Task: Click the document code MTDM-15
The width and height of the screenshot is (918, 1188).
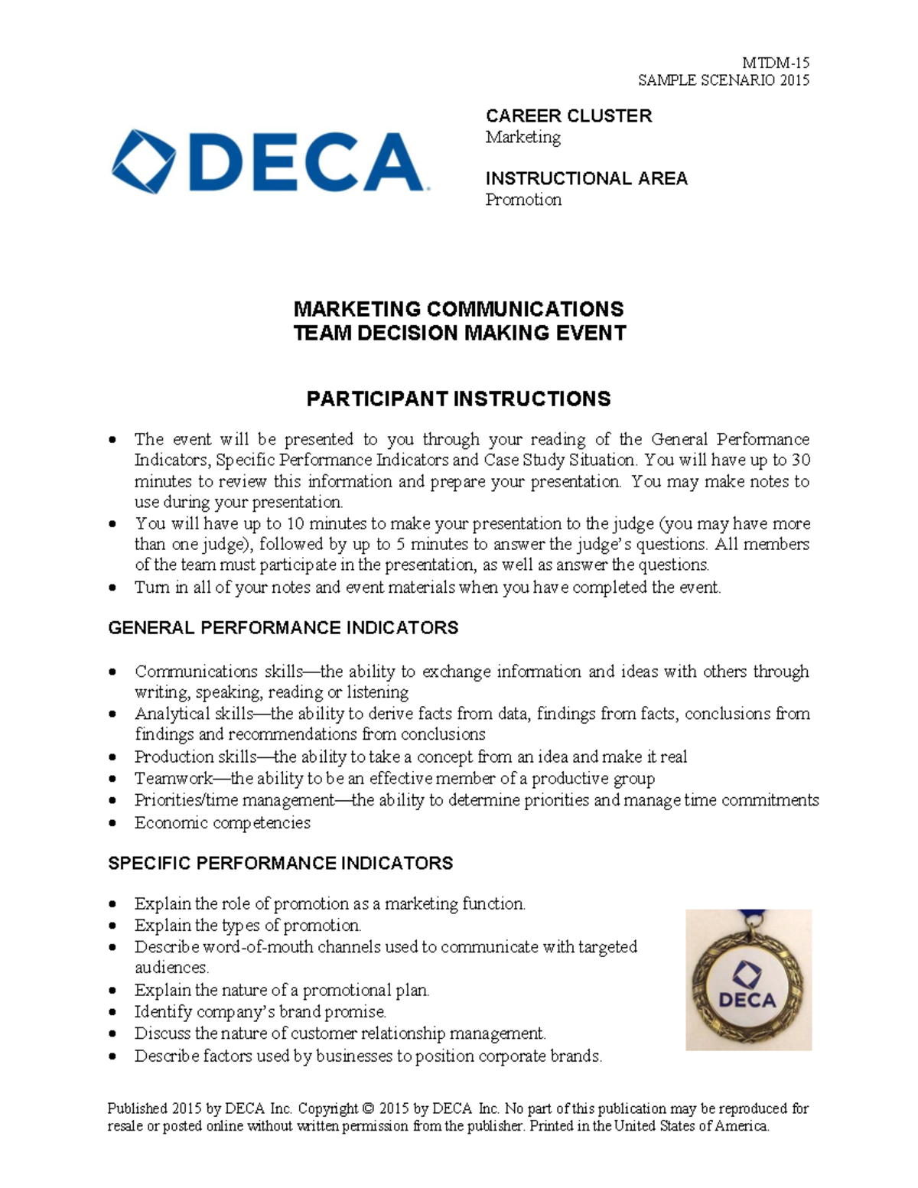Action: [776, 63]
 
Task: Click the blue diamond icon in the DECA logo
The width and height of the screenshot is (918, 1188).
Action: [143, 161]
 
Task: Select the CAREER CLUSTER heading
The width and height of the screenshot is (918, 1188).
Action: [568, 116]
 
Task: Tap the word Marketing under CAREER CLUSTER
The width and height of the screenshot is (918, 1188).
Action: [522, 137]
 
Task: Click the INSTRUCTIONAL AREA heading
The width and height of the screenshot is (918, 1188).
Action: [586, 178]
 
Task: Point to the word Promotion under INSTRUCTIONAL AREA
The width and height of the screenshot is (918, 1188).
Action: [523, 200]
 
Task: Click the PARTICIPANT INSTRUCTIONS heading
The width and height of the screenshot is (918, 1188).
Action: [458, 399]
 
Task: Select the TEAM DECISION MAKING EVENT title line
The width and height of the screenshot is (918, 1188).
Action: [460, 333]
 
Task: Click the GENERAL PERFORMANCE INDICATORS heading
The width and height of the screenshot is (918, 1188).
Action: [283, 628]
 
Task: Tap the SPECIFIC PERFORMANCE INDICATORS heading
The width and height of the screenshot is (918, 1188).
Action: [280, 863]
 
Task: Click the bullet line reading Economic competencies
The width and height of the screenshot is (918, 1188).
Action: [223, 823]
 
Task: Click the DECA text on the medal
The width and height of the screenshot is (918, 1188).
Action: [747, 1000]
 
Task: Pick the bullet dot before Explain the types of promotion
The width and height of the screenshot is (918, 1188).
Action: [112, 926]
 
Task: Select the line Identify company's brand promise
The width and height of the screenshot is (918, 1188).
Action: [260, 1012]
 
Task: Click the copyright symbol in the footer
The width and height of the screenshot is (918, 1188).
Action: [369, 1108]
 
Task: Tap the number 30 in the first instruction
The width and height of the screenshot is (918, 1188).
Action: [800, 460]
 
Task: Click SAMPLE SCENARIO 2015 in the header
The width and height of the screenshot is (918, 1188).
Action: [724, 80]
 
